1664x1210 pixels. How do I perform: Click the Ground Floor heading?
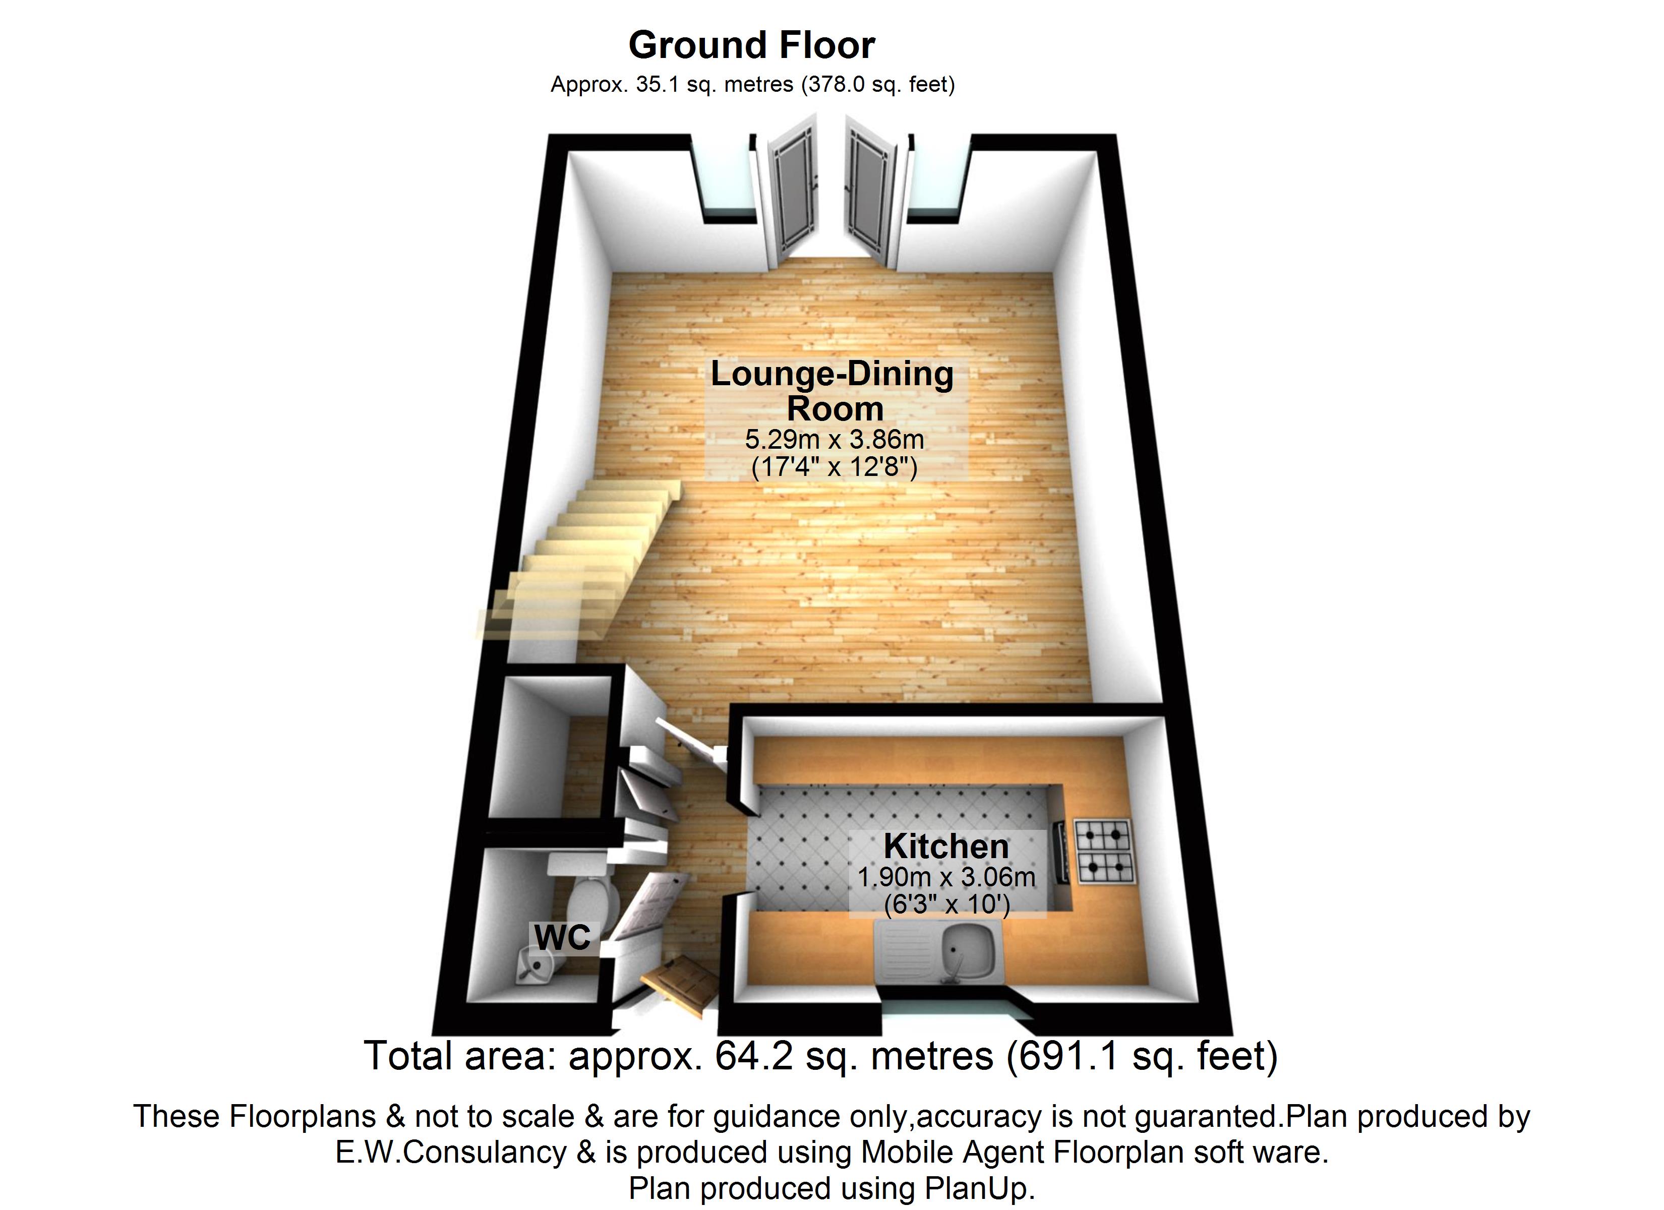tap(751, 45)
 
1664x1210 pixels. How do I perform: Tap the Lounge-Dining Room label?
tap(833, 390)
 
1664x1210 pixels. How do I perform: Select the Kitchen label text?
tap(946, 846)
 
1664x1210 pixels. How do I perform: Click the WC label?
tap(562, 937)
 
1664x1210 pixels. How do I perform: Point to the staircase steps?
tap(579, 558)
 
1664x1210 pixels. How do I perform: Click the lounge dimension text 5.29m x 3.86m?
tap(834, 440)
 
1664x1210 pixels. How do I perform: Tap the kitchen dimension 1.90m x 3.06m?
tap(946, 876)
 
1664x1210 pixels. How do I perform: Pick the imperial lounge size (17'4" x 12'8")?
tap(834, 467)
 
